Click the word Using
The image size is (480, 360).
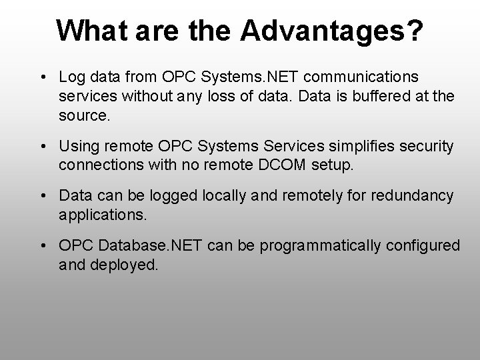(x=78, y=146)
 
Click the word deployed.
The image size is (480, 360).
(x=129, y=264)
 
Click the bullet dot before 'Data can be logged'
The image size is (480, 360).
(x=43, y=196)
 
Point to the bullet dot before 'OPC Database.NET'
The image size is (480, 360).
(x=43, y=246)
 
